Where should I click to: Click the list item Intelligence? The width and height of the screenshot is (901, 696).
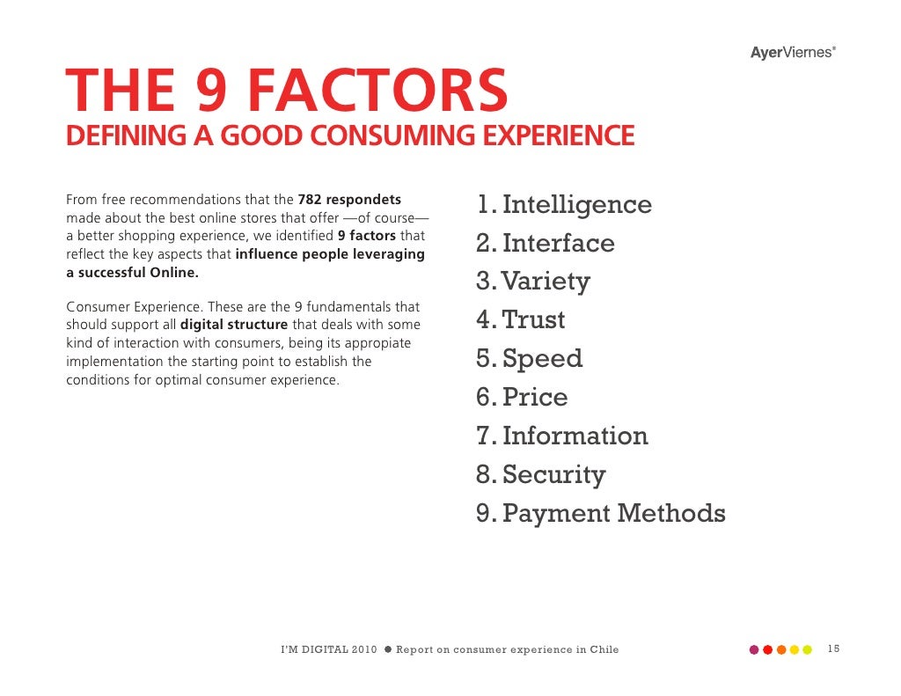pyautogui.click(x=576, y=205)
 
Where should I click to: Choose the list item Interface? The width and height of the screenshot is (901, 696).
pyautogui.click(x=558, y=244)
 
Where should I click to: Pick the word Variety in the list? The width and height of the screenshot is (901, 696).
pyautogui.click(x=546, y=282)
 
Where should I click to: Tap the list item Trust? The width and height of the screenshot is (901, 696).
pyautogui.click(x=533, y=320)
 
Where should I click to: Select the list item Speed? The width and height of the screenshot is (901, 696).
pyautogui.click(x=542, y=359)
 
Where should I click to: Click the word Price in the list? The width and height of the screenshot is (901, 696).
pyautogui.click(x=535, y=398)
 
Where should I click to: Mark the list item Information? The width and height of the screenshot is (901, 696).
pyautogui.click(x=575, y=436)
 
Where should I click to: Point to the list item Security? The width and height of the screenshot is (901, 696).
pyautogui.click(x=553, y=475)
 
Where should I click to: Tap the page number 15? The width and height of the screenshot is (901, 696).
pyautogui.click(x=833, y=649)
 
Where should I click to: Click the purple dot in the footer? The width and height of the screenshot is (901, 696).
pyautogui.click(x=753, y=650)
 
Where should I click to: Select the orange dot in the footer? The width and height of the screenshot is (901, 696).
pyautogui.click(x=780, y=650)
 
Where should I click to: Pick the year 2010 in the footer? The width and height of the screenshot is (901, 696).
pyautogui.click(x=363, y=650)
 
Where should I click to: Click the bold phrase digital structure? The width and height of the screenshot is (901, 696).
pyautogui.click(x=234, y=325)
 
